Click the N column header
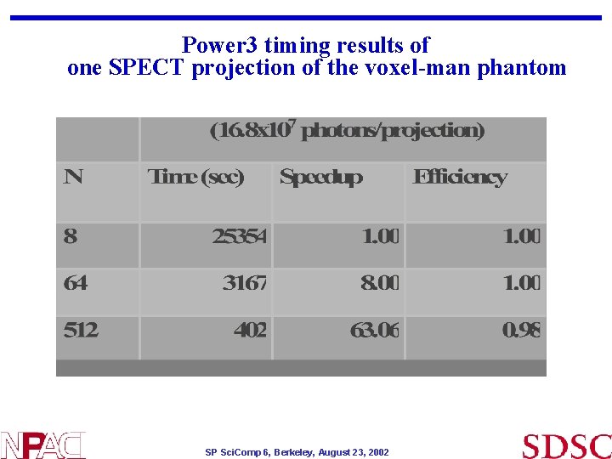click(73, 177)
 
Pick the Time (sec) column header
click(195, 177)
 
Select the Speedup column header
click(320, 177)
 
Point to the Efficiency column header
click(459, 177)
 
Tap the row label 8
click(70, 236)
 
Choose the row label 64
click(75, 283)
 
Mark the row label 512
click(81, 330)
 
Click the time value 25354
click(239, 236)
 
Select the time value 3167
click(245, 283)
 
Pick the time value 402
click(250, 330)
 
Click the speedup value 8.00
click(379, 283)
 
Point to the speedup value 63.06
click(374, 330)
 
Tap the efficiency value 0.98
click(521, 330)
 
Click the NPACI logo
click(42, 445)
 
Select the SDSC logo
click(566, 445)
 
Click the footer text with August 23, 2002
click(297, 452)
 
